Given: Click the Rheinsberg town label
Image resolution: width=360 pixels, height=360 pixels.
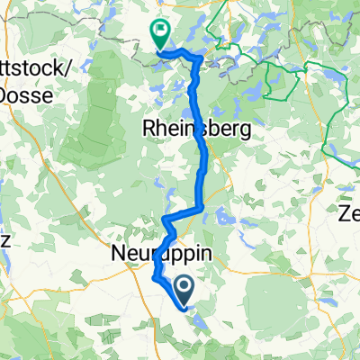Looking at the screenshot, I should pos(196,130).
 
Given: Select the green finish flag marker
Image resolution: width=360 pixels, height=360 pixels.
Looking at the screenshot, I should pos(160,34).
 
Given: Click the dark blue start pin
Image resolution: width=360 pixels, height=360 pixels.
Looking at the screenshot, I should pos(185,290).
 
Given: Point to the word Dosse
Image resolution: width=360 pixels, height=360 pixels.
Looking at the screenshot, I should pos(22,93).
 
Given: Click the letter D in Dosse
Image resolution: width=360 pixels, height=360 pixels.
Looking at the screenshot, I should pos(5,93).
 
